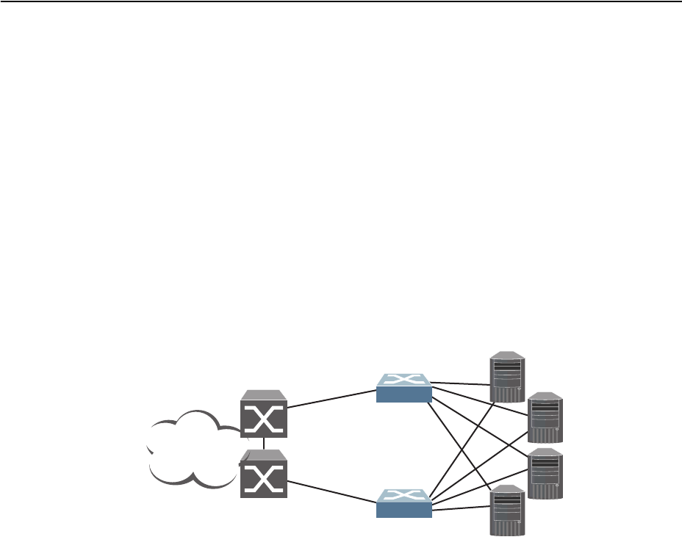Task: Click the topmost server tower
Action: (x=508, y=378)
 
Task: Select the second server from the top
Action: (x=546, y=416)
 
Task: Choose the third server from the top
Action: (x=546, y=474)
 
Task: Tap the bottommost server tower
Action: (x=508, y=511)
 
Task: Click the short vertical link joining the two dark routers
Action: (x=263, y=444)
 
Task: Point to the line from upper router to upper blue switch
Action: (x=331, y=400)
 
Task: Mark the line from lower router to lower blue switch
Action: (x=331, y=493)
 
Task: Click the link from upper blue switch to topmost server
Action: (x=462, y=383)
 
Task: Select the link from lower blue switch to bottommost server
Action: (x=462, y=507)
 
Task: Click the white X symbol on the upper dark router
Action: (x=264, y=419)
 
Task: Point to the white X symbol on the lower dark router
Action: (x=264, y=480)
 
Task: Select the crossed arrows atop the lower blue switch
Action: (x=403, y=499)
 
